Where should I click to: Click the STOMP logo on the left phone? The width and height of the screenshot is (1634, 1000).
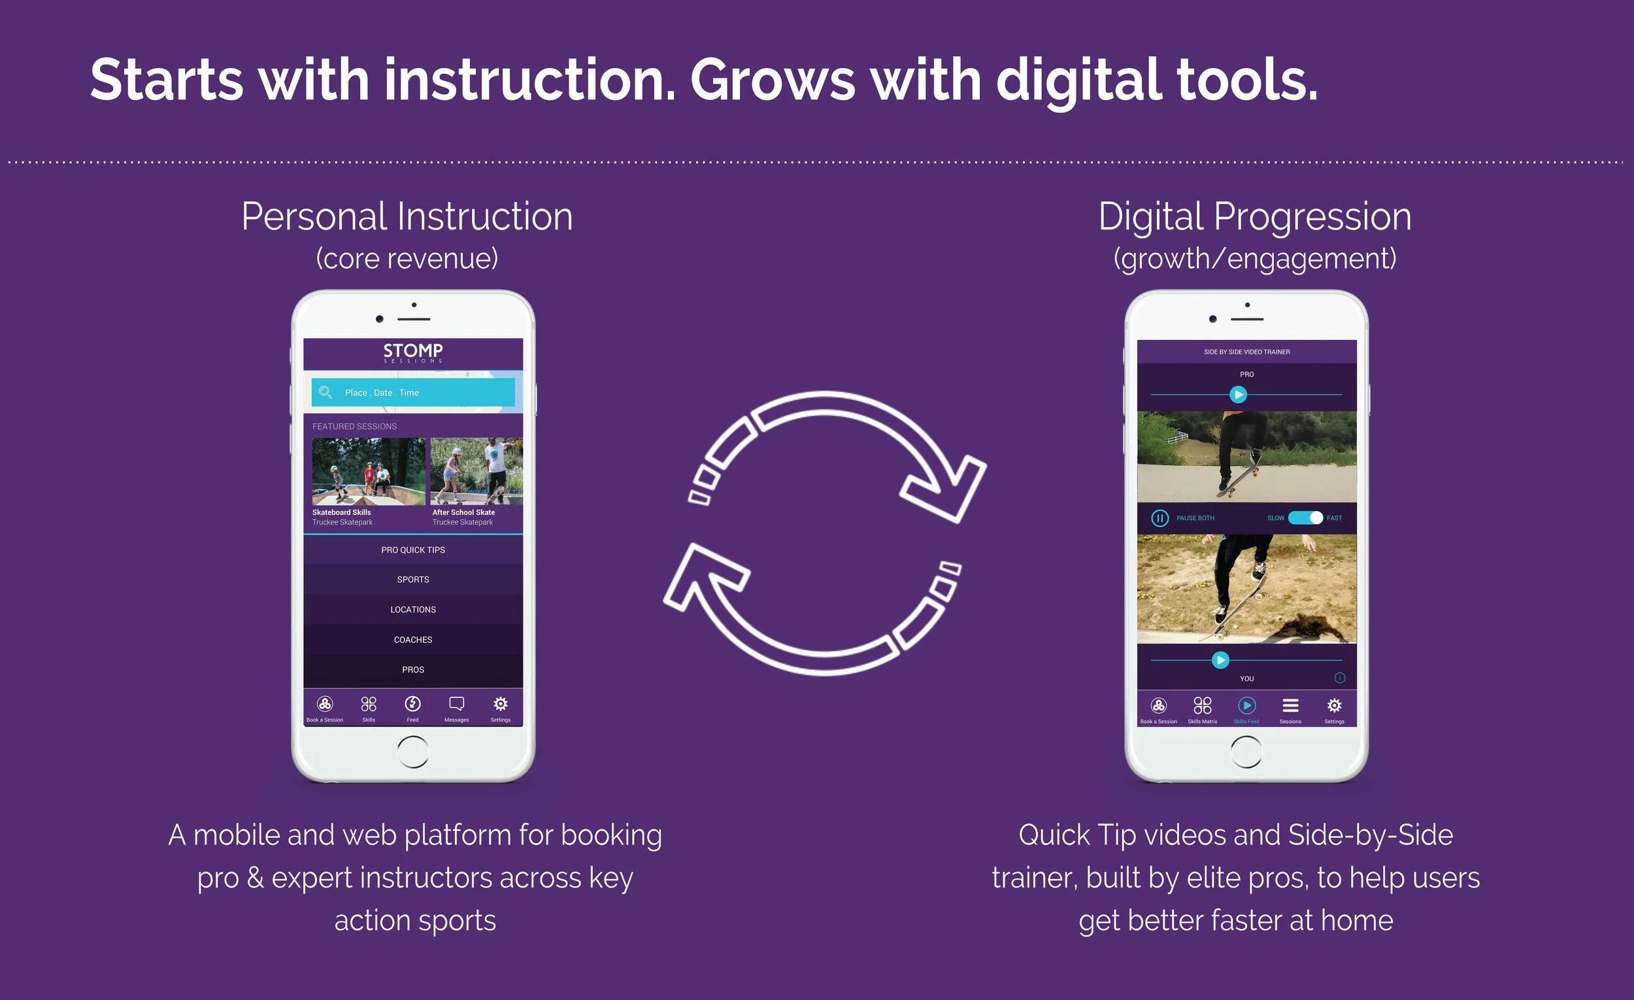(412, 352)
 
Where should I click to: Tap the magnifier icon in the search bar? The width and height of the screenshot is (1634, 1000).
(325, 393)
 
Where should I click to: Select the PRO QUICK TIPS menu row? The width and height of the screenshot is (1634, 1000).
(412, 550)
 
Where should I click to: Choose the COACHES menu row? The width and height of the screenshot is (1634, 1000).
(412, 640)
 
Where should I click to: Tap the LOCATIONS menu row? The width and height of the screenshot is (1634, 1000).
(412, 609)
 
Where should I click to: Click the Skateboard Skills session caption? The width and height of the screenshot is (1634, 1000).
(342, 512)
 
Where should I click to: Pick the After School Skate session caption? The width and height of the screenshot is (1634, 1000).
(463, 512)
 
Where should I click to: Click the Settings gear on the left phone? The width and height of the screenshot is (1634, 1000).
(501, 703)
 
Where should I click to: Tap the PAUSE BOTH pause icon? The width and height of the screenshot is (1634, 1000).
(1159, 518)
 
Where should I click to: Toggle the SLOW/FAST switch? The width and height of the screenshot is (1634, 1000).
(1305, 518)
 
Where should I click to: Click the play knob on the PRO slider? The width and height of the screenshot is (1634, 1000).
(1238, 395)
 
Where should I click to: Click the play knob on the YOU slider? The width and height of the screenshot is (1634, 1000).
(1220, 660)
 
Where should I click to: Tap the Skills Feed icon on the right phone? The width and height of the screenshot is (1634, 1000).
(1246, 706)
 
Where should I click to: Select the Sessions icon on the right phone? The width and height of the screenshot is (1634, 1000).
(1290, 706)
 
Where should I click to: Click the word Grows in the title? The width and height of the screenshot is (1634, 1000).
(773, 80)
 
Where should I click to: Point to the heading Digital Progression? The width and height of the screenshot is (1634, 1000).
(1255, 217)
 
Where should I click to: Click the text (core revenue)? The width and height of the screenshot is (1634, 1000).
(407, 259)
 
